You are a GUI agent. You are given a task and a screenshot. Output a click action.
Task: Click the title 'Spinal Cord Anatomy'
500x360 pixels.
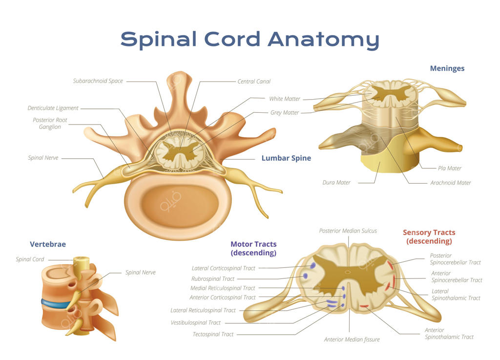coord(250,39)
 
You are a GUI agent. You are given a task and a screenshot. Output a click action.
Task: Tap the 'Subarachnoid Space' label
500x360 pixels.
coord(98,81)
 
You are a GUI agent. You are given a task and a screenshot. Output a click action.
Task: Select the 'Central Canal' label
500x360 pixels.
coord(254,82)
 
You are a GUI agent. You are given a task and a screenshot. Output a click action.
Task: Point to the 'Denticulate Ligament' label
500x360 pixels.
coord(53,108)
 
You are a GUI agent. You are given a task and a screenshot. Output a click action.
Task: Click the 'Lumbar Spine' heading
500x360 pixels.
coord(286,158)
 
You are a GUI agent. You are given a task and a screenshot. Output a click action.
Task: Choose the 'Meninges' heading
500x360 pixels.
coord(447,68)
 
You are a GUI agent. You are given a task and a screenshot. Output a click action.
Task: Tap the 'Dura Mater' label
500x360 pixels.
coord(336,183)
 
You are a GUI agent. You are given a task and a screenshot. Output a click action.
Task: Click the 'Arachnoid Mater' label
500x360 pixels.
coord(450,183)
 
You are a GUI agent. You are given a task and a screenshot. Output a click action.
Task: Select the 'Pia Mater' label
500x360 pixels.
coord(450,169)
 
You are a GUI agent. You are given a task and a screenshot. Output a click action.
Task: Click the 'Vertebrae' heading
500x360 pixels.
coord(47,244)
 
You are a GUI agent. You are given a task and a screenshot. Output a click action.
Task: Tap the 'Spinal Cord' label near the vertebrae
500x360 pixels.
coord(30,259)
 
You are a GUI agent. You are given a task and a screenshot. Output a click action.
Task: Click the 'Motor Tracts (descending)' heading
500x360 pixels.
coord(253,249)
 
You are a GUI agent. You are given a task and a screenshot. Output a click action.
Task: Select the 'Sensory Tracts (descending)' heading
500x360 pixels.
coord(429,237)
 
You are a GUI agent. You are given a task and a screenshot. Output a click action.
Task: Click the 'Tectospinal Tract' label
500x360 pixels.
coord(213,335)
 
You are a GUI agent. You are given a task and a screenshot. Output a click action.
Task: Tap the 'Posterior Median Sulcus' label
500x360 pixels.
coord(348,231)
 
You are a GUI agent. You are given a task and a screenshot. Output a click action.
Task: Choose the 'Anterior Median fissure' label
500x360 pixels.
coord(352,339)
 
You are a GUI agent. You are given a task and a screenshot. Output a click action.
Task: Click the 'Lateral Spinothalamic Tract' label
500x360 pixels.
coord(456,295)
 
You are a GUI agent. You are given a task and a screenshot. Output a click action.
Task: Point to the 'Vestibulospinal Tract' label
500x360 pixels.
coord(195,323)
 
